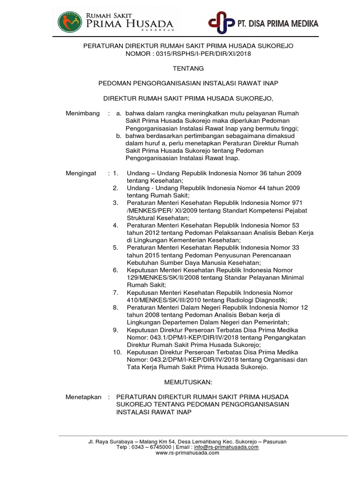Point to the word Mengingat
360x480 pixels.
pos(81,173)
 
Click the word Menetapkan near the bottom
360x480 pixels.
pos(83,397)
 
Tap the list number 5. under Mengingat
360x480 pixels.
pos(115,247)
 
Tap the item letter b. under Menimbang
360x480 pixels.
pos(119,136)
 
